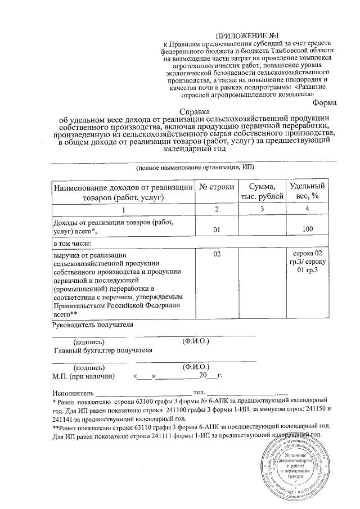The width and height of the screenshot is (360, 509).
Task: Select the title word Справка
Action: [x=194, y=111]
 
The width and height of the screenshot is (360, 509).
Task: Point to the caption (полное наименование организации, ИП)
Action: [x=195, y=168]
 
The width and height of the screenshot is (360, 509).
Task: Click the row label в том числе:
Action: [x=72, y=244]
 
